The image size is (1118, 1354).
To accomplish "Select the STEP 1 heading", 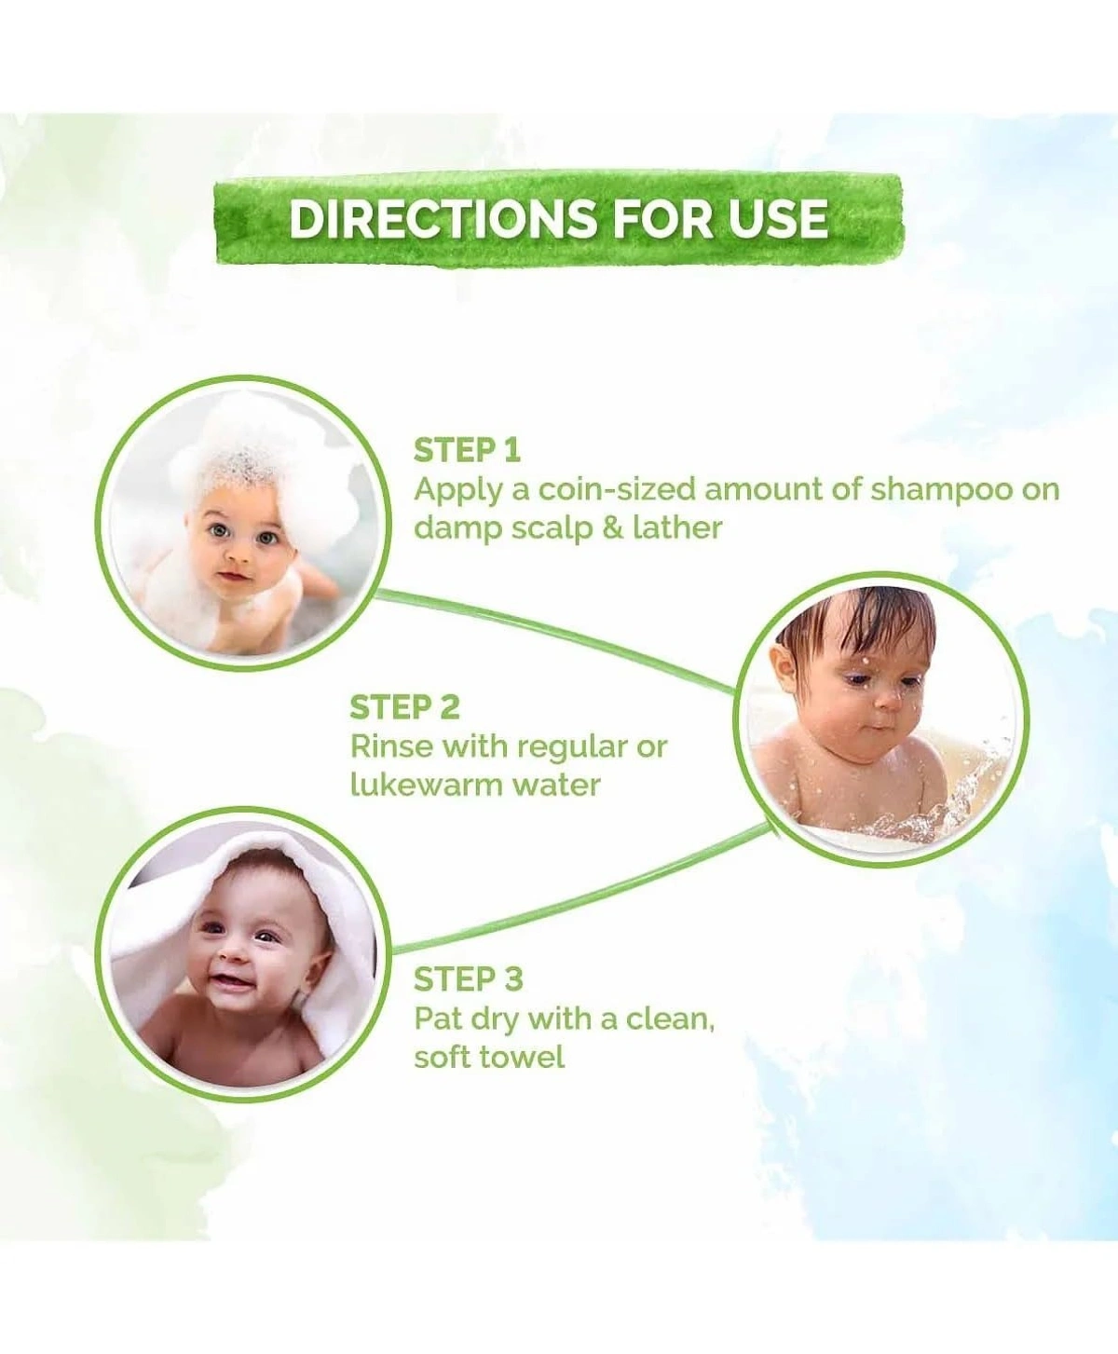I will coord(467,451).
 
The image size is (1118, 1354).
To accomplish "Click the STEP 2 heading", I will coord(404,708).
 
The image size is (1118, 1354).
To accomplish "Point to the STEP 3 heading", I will coord(468,980).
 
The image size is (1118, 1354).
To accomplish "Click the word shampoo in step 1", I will coord(941,490).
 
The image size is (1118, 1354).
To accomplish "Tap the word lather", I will coord(677,528).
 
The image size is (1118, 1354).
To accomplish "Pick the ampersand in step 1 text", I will coord(612,528).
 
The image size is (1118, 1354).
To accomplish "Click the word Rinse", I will coord(391,746).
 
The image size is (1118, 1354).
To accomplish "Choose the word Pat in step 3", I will coord(438,1019).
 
